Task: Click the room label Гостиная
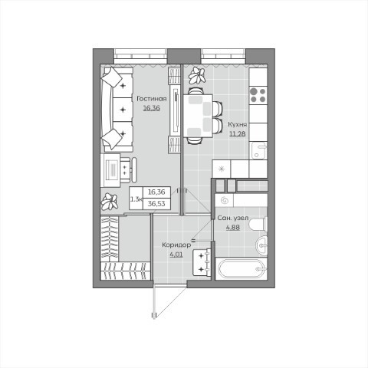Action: pyautogui.click(x=152, y=99)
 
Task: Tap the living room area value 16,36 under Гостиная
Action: pyautogui.click(x=152, y=108)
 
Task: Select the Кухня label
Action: pyautogui.click(x=238, y=124)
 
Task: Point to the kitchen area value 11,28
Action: pyautogui.click(x=238, y=133)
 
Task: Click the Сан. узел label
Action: pyautogui.click(x=233, y=218)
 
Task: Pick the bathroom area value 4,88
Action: pyautogui.click(x=233, y=227)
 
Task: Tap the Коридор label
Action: pyautogui.click(x=176, y=245)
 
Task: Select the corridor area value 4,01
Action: pyautogui.click(x=176, y=255)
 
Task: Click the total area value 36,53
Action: pyautogui.click(x=156, y=204)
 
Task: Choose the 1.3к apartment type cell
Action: pyautogui.click(x=136, y=199)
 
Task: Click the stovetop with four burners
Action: pyautogui.click(x=258, y=95)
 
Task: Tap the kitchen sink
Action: pyautogui.click(x=258, y=150)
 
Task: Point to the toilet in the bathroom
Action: pyautogui.click(x=258, y=224)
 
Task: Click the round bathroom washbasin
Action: pyautogui.click(x=261, y=245)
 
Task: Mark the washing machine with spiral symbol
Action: pyautogui.click(x=224, y=201)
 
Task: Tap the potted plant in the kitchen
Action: pyautogui.click(x=197, y=75)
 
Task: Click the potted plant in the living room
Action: pyautogui.click(x=110, y=202)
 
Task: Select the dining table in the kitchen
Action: pyautogui.click(x=198, y=116)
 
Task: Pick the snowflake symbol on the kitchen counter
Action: pyautogui.click(x=222, y=169)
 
